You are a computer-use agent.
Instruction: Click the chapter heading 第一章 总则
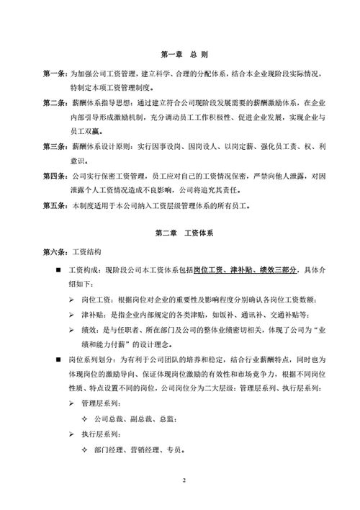[x=180, y=55]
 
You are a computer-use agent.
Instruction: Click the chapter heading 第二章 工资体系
[x=180, y=234]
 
